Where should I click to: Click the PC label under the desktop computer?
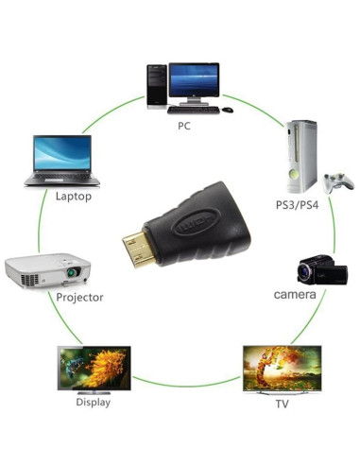[183, 125]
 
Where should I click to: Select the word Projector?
[79, 297]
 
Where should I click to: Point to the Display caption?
[93, 402]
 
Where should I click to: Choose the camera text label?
[294, 295]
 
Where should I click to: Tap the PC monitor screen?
[195, 77]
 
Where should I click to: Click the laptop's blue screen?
[62, 154]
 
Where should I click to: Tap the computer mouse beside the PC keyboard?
[227, 110]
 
